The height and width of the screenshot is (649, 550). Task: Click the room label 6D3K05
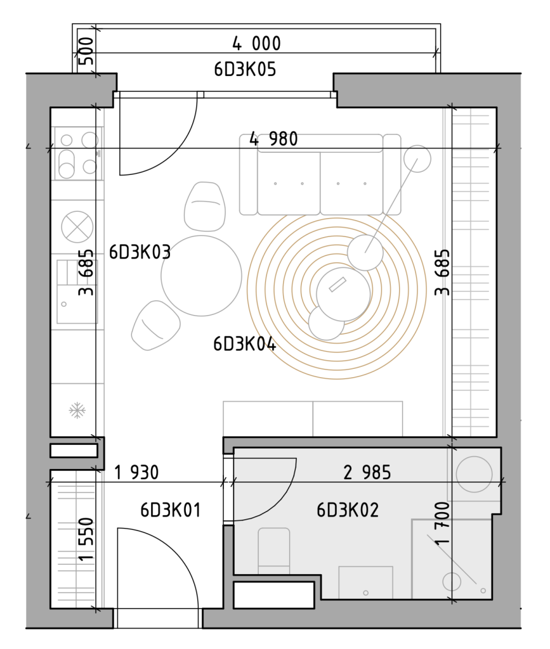click(x=245, y=69)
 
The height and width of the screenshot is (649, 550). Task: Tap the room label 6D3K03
click(x=140, y=252)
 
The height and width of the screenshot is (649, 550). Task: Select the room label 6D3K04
click(x=244, y=344)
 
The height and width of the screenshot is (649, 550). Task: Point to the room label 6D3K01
click(x=170, y=510)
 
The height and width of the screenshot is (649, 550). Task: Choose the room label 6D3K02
click(x=348, y=510)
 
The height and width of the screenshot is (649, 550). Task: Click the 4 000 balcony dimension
click(x=256, y=44)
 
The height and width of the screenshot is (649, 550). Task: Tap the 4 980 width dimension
click(x=273, y=139)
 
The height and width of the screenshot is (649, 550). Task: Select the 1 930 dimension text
click(x=136, y=473)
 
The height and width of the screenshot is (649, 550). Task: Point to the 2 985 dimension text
click(x=367, y=472)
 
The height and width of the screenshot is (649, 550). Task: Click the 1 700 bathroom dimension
click(x=442, y=523)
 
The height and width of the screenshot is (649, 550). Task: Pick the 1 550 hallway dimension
click(x=86, y=539)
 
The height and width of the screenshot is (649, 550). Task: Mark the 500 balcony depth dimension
click(x=86, y=51)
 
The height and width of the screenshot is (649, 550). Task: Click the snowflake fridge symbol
click(x=77, y=411)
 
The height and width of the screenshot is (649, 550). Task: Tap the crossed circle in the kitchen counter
click(x=77, y=226)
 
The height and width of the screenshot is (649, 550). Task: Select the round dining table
click(x=201, y=276)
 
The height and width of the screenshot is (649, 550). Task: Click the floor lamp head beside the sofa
click(x=417, y=158)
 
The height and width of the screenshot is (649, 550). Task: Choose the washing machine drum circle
click(x=475, y=474)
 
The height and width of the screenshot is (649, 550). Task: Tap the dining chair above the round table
click(x=205, y=207)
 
